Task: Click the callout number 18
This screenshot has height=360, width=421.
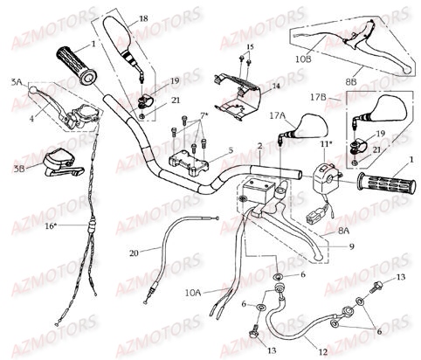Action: point(143,17)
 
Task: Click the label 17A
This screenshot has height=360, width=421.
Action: point(277,114)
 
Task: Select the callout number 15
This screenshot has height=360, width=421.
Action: point(249,45)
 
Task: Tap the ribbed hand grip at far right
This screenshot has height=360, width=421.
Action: point(383,183)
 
